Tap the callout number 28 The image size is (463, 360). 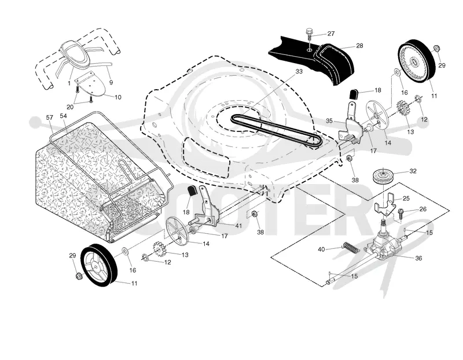pos(359,46)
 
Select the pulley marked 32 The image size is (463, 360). pos(383,177)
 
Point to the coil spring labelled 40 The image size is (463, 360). pos(351,247)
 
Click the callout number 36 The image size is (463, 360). pos(418,258)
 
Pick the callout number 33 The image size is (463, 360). pos(299,71)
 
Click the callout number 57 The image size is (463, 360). pos(50,117)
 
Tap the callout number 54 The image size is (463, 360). pos(64,116)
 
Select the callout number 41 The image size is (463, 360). pos(238,226)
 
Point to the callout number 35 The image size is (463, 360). pos(329,121)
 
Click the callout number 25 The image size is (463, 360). pos(406,199)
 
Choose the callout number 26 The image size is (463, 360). pos(423,209)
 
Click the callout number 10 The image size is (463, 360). pos(117,97)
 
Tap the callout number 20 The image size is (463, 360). pos(70,107)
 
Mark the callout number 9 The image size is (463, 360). pos(111,83)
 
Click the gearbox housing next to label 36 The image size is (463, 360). pos(383,245)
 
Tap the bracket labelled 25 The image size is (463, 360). pos(385,204)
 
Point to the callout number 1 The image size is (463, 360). pos(69,83)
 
